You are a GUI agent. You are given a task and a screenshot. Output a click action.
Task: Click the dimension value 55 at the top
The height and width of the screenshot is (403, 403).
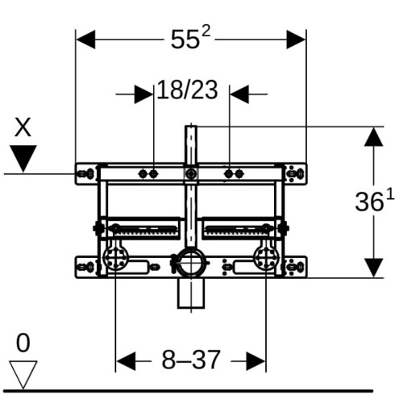click(x=186, y=39)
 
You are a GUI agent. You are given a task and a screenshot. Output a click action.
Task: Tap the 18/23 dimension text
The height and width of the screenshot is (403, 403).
click(x=187, y=90)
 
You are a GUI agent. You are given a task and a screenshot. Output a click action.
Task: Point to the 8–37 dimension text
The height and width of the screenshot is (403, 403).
click(x=191, y=360)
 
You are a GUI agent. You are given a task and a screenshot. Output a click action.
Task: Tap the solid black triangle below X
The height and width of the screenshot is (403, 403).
click(x=23, y=159)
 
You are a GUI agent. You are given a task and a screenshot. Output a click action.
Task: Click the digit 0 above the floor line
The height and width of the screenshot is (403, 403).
click(x=23, y=343)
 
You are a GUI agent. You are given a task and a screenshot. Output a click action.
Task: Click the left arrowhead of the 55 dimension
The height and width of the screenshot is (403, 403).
click(x=85, y=39)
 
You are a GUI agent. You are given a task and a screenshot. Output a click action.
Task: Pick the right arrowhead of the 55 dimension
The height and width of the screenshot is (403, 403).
click(x=296, y=39)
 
